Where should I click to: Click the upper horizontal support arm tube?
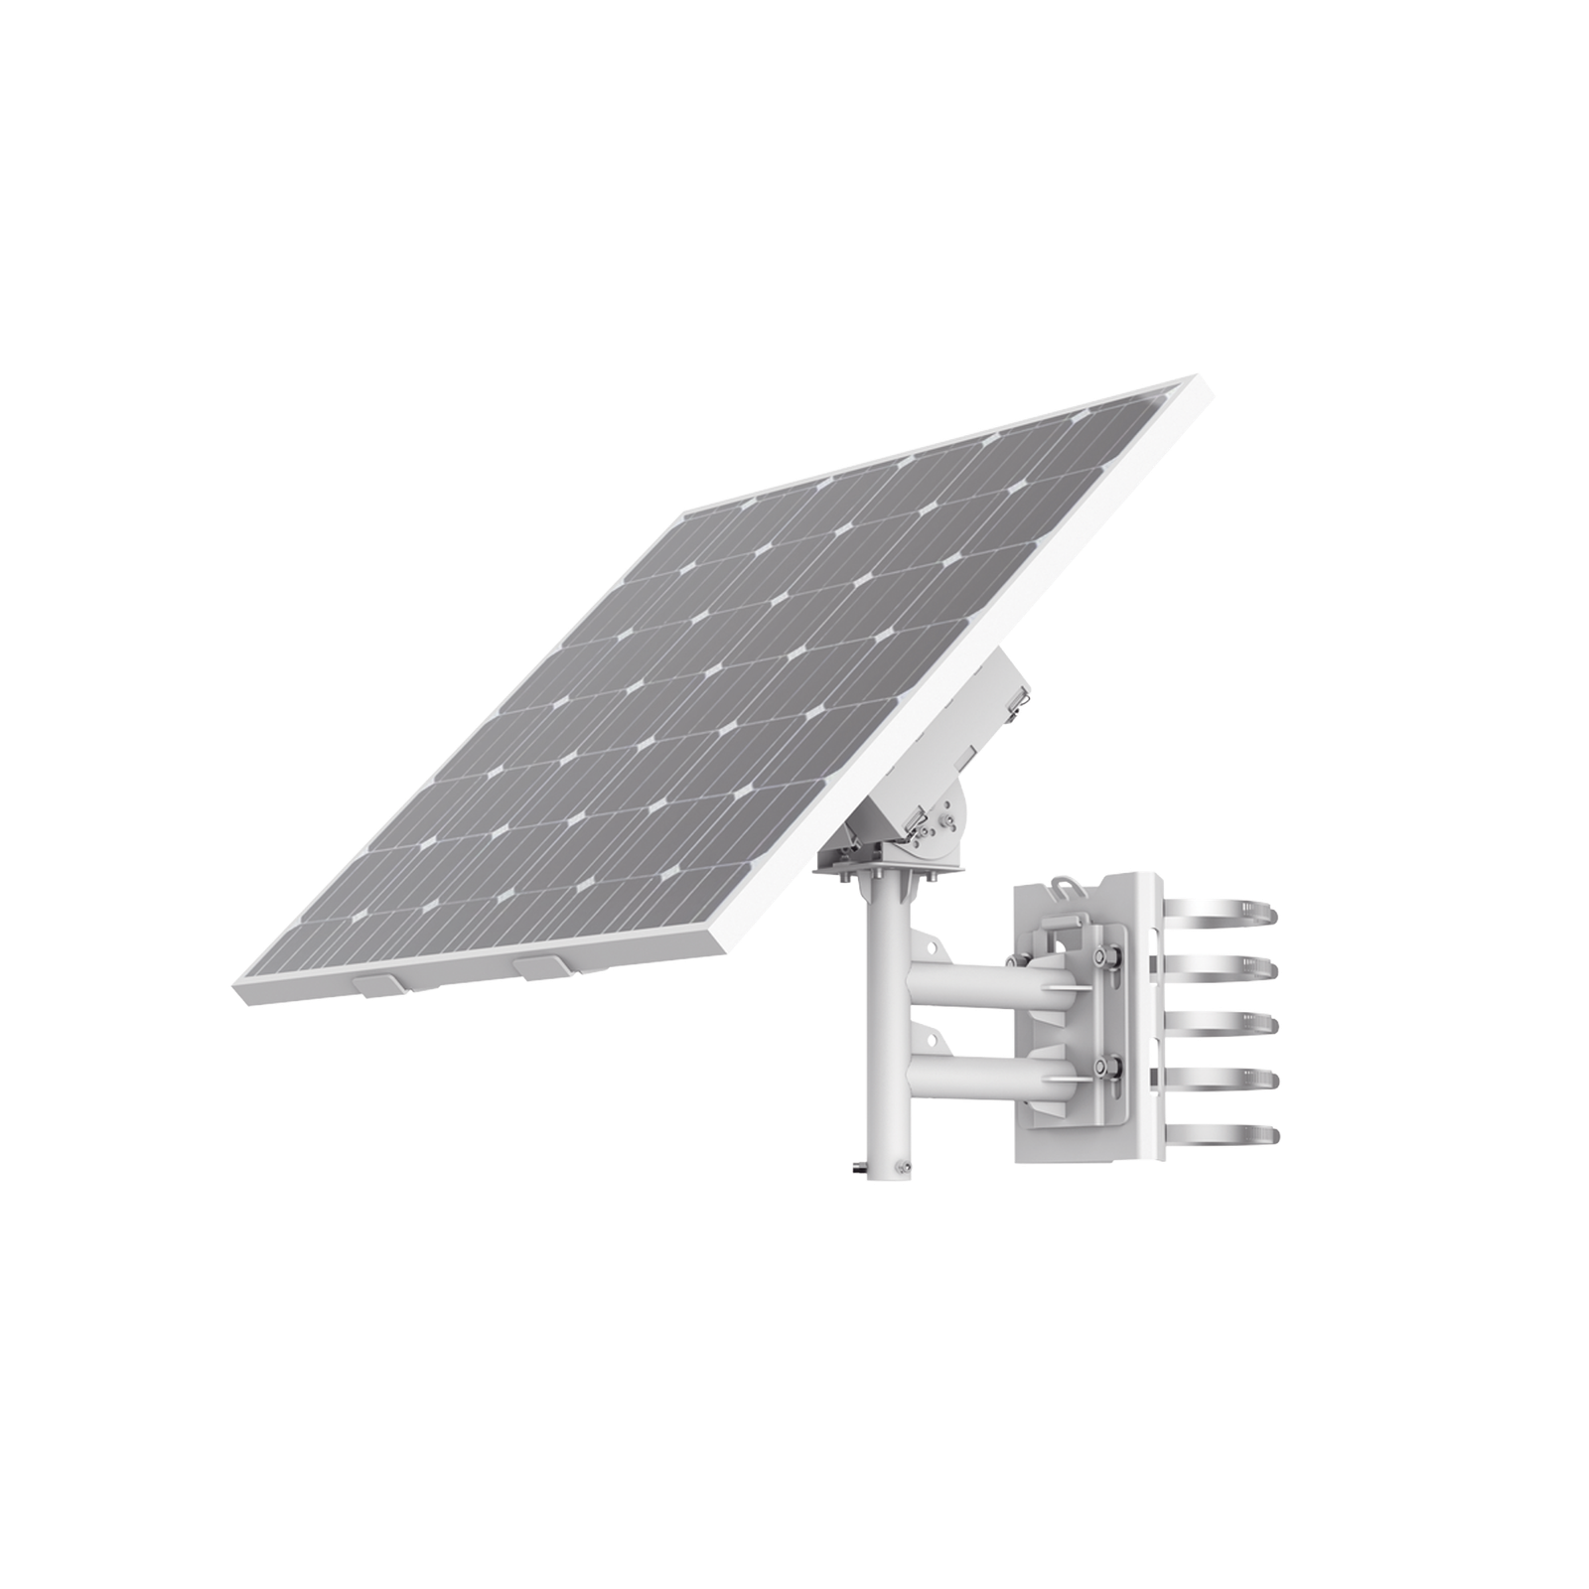point(953,978)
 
